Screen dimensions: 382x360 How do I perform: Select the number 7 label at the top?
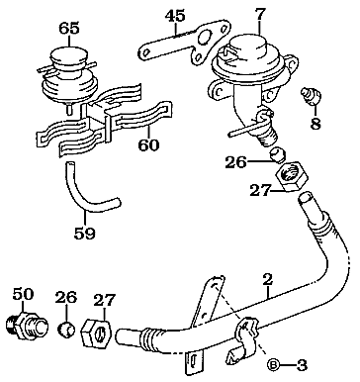(260, 14)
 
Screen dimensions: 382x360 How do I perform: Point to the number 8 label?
(317, 126)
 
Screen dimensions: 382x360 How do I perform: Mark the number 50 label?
(22, 294)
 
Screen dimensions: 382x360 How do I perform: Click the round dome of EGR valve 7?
(250, 54)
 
